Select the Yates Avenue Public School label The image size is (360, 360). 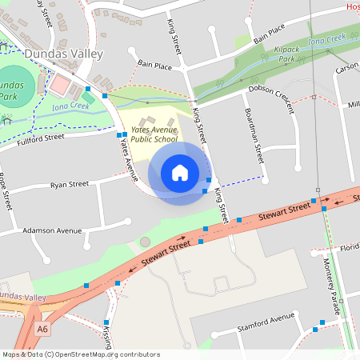point(154,133)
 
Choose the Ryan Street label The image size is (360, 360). point(70,184)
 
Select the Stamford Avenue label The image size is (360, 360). point(266,323)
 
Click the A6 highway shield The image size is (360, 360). point(42,328)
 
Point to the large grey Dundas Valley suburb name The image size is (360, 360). point(64,54)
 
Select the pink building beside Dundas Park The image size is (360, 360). point(61,84)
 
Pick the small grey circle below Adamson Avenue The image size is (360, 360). point(145,242)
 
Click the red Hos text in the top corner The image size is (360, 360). point(352,6)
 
